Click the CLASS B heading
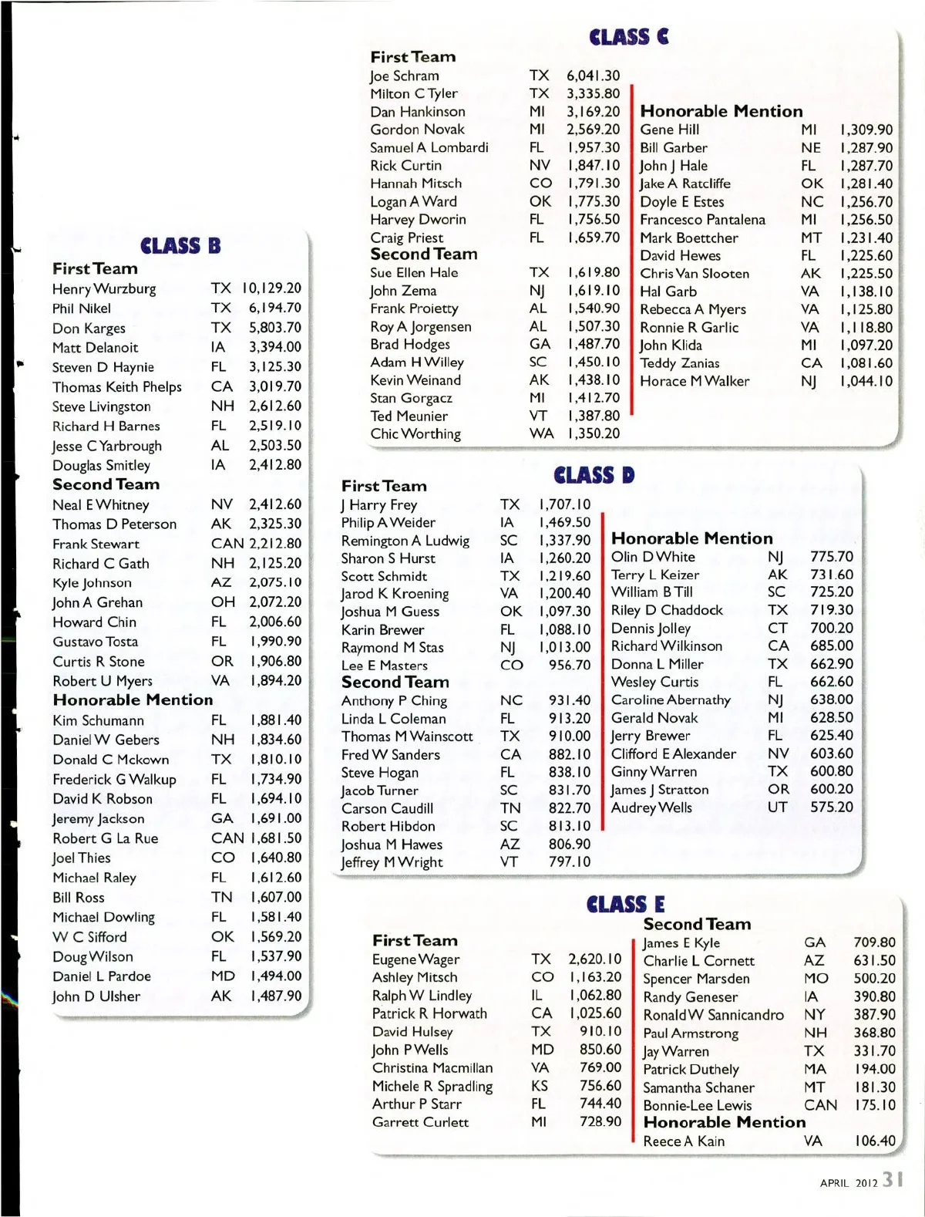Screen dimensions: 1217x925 coord(180,246)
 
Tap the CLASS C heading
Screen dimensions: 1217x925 coord(628,37)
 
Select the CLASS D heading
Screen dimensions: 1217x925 coord(594,475)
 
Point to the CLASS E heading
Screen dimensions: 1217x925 coord(625,904)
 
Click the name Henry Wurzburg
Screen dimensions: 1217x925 coord(104,288)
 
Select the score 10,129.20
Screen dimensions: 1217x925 coord(271,288)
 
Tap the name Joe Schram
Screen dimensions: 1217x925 coord(404,76)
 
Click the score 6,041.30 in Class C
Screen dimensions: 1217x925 coord(593,76)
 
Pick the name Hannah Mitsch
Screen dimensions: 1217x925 coord(415,184)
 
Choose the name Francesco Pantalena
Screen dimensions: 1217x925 coord(702,220)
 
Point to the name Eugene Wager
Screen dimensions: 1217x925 coord(415,959)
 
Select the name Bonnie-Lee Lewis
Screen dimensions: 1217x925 coord(697,1105)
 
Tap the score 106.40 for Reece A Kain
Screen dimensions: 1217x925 coord(875,1141)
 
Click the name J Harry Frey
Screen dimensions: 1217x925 coord(379,504)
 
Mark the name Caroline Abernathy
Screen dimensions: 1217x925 coord(671,700)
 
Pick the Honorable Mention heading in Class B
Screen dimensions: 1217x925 coord(133,700)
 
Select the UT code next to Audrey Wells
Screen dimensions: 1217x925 coord(777,807)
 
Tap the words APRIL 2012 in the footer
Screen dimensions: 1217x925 coord(848,1182)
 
